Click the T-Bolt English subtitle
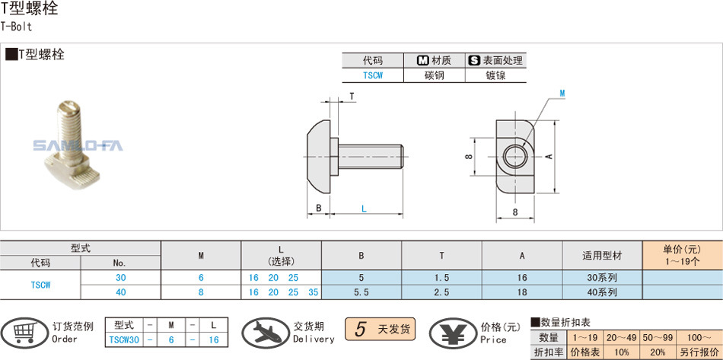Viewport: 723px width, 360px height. (16, 25)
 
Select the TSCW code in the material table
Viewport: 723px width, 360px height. (372, 75)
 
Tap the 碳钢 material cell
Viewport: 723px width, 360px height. (434, 75)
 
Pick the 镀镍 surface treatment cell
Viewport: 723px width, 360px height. (495, 75)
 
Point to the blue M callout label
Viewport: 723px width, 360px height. (562, 93)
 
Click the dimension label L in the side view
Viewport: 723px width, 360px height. (364, 208)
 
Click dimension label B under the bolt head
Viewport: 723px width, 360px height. (319, 208)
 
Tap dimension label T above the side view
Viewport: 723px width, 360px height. (352, 96)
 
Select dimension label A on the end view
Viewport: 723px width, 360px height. (548, 155)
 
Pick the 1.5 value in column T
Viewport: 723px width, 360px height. (441, 278)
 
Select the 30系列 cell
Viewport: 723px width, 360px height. (603, 278)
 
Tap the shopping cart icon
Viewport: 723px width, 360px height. (23, 332)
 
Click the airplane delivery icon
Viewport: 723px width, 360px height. (263, 333)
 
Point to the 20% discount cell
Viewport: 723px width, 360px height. (658, 352)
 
